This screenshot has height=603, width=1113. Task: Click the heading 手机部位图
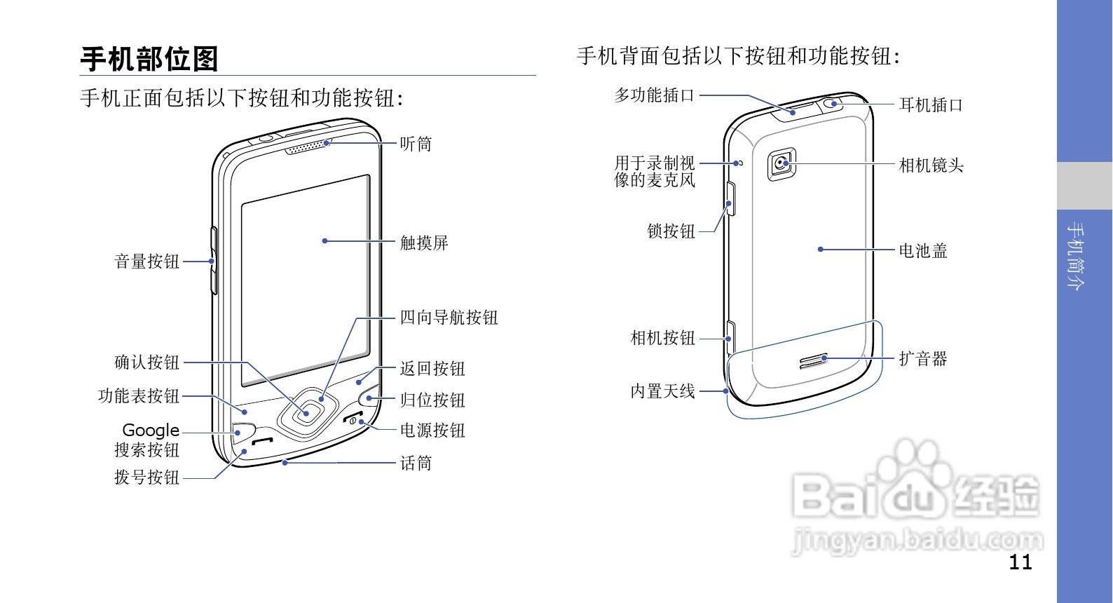click(149, 59)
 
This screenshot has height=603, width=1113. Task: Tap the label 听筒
click(416, 144)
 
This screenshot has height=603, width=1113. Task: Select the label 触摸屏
click(423, 243)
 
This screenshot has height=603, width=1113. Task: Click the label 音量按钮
click(147, 262)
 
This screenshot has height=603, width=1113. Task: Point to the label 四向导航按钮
click(449, 318)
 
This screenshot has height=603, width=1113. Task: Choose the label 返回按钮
click(432, 369)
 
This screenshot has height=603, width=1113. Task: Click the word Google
click(151, 430)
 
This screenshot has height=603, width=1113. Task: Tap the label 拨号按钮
click(147, 477)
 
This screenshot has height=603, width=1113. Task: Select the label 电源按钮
click(432, 431)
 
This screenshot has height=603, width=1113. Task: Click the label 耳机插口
click(931, 105)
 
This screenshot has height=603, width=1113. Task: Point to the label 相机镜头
click(931, 165)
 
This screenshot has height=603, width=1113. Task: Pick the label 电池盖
click(922, 250)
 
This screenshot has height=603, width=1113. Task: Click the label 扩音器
click(922, 359)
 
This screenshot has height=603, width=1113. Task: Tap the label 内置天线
click(662, 391)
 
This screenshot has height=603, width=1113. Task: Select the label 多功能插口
click(654, 95)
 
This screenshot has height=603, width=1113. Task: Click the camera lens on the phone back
click(781, 164)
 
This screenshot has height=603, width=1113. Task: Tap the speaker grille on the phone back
click(814, 361)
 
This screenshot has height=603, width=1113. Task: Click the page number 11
click(1020, 562)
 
